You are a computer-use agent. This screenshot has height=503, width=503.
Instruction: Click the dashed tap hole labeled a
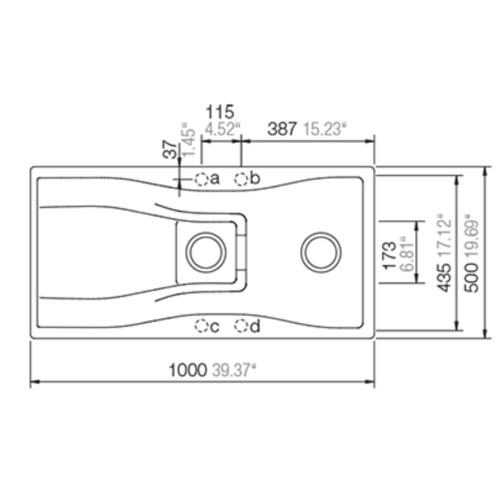202,179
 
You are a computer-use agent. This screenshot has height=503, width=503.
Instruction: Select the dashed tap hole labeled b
241,179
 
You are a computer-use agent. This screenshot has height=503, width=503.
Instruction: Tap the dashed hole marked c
201,326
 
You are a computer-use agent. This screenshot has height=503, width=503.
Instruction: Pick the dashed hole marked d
241,326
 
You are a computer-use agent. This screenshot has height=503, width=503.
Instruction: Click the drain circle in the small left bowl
206,252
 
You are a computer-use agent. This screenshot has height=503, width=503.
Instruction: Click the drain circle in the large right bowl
321,252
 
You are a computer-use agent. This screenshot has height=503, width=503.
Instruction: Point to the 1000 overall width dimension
188,370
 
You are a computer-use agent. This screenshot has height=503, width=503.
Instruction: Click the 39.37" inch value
234,370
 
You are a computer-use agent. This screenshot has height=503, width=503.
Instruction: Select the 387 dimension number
282,129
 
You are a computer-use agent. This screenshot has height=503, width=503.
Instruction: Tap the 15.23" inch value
325,129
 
